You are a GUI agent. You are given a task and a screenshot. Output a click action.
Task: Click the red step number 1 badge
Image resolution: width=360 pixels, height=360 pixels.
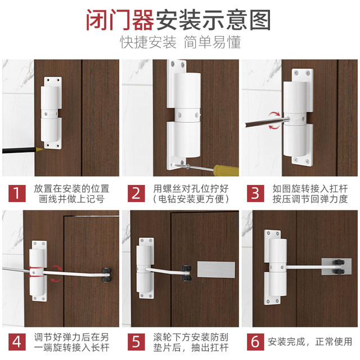point(17,193)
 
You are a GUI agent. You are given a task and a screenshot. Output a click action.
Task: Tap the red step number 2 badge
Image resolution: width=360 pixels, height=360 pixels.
point(136,193)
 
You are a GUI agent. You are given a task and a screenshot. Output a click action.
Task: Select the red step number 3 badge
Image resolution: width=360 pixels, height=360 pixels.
point(255,193)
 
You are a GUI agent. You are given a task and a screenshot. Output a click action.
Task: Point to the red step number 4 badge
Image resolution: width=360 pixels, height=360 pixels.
point(17,342)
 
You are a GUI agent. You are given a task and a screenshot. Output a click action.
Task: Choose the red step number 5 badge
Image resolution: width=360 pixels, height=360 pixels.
point(136,342)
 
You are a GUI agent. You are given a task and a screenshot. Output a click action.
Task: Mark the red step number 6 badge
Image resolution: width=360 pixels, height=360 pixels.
point(255,342)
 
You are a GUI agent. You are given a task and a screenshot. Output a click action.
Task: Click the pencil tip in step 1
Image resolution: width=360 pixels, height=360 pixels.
point(43,149)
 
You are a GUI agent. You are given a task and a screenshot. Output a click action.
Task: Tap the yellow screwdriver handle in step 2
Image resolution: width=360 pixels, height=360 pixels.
point(226,170)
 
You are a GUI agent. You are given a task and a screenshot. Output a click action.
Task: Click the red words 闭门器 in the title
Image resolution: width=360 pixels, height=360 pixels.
point(120,20)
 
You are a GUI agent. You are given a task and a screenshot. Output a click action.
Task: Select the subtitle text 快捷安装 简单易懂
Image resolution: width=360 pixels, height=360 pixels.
point(180,42)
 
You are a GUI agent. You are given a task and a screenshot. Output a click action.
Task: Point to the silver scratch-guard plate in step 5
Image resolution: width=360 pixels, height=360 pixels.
point(216,269)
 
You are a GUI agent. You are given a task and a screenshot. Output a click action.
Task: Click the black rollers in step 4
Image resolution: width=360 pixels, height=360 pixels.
point(106,275)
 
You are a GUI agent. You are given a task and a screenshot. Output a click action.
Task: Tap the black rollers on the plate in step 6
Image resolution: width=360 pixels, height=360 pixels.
point(339,267)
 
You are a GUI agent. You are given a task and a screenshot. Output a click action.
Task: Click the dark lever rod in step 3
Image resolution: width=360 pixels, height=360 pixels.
point(264,123)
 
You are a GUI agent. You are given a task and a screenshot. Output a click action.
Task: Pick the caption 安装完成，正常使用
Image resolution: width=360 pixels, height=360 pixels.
point(310,342)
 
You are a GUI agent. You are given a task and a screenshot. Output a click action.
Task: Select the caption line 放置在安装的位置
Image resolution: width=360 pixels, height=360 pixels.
point(71,189)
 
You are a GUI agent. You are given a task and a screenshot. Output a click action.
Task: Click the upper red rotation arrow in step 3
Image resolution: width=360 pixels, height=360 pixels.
point(274,115)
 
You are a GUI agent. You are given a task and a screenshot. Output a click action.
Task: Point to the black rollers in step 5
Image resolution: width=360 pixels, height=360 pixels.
point(186,273)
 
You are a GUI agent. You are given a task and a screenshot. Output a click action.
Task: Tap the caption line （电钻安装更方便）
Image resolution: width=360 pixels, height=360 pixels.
point(191,199)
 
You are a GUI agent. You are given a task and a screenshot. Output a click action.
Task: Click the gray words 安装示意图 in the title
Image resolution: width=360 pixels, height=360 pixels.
point(213,20)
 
